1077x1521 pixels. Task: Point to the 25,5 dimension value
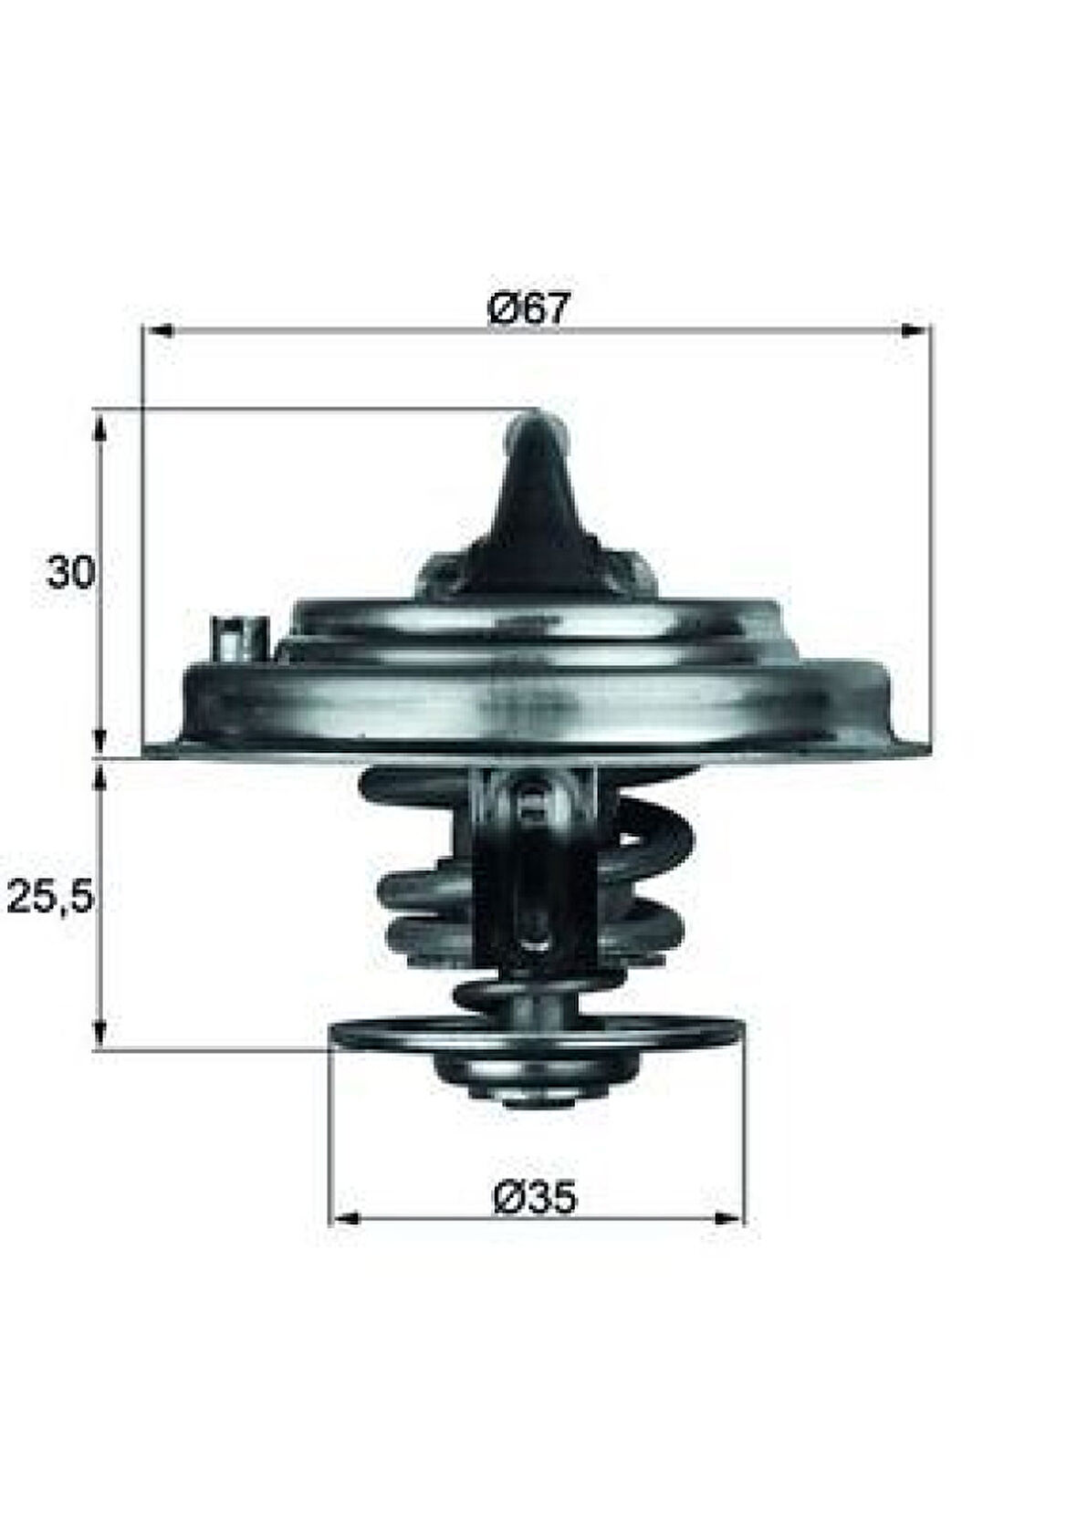51,899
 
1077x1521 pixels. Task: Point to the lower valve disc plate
537,1034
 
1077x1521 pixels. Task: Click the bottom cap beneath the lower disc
514,1077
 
